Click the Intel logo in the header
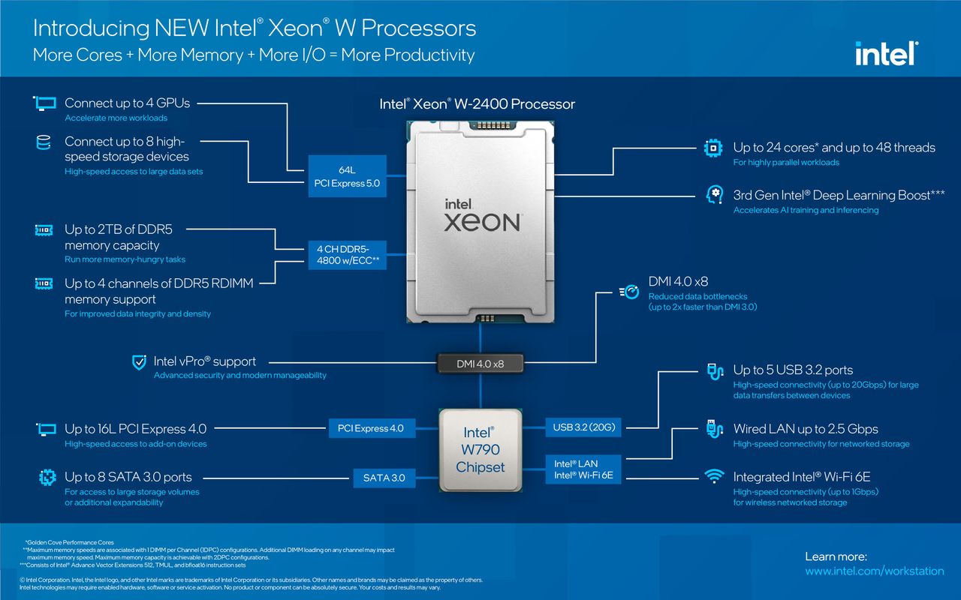[887, 53]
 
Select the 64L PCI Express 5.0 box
[347, 176]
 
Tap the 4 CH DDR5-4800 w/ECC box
[348, 255]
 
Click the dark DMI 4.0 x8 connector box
[480, 364]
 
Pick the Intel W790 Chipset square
[480, 449]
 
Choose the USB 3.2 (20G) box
[583, 427]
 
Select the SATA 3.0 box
[384, 478]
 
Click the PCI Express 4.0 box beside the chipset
[372, 428]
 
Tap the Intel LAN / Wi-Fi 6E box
[583, 469]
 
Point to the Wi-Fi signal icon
[714, 476]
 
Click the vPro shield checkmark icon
[139, 362]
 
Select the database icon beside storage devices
[44, 142]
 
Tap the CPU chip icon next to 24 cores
[713, 148]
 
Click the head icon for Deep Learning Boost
[714, 195]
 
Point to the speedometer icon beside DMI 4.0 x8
[629, 292]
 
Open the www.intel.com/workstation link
[875, 571]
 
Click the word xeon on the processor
[482, 223]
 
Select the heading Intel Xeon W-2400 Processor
[477, 104]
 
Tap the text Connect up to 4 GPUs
[127, 103]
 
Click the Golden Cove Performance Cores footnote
[70, 542]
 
